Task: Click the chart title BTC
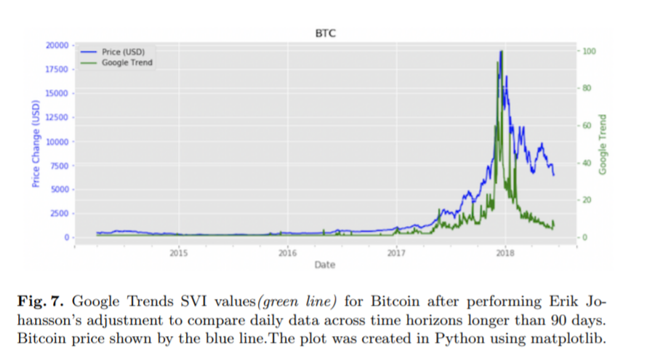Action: coord(325,33)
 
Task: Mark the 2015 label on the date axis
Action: coord(179,253)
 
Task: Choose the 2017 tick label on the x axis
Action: coord(396,253)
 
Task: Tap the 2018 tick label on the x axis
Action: coord(505,253)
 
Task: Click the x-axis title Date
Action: coord(325,265)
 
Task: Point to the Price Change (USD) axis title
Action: coord(36,143)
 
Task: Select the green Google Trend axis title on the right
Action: coord(603,143)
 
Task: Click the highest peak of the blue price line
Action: coord(502,52)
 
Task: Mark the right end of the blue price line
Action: coord(554,175)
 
